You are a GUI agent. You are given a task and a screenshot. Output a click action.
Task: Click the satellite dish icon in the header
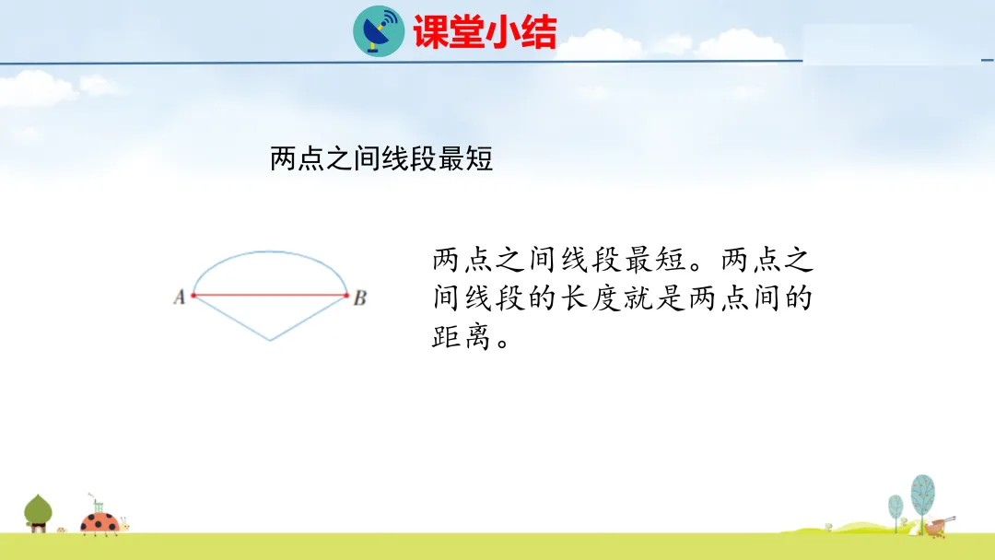379,31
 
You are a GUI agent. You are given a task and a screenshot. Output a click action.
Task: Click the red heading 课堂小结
485,32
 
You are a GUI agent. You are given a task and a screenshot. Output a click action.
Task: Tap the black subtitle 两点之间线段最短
380,158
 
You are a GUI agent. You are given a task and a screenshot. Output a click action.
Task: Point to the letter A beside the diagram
179,297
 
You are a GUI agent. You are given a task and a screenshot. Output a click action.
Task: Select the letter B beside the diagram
360,297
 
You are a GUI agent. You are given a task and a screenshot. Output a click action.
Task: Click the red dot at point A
193,296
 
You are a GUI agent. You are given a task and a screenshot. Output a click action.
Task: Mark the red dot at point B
345,296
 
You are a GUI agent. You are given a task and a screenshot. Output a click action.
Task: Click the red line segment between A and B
270,296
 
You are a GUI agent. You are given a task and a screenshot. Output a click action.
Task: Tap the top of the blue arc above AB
270,251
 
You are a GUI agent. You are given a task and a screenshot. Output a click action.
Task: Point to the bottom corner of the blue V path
270,341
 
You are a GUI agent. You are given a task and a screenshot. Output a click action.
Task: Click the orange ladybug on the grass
99,522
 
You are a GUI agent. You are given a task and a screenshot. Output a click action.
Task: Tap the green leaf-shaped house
38,513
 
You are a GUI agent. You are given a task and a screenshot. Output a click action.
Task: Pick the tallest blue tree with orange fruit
922,501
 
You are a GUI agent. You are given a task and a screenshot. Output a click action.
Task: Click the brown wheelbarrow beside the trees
939,526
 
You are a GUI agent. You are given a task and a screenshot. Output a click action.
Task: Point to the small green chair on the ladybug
98,506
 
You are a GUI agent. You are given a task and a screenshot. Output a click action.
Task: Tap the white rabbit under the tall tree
915,528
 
